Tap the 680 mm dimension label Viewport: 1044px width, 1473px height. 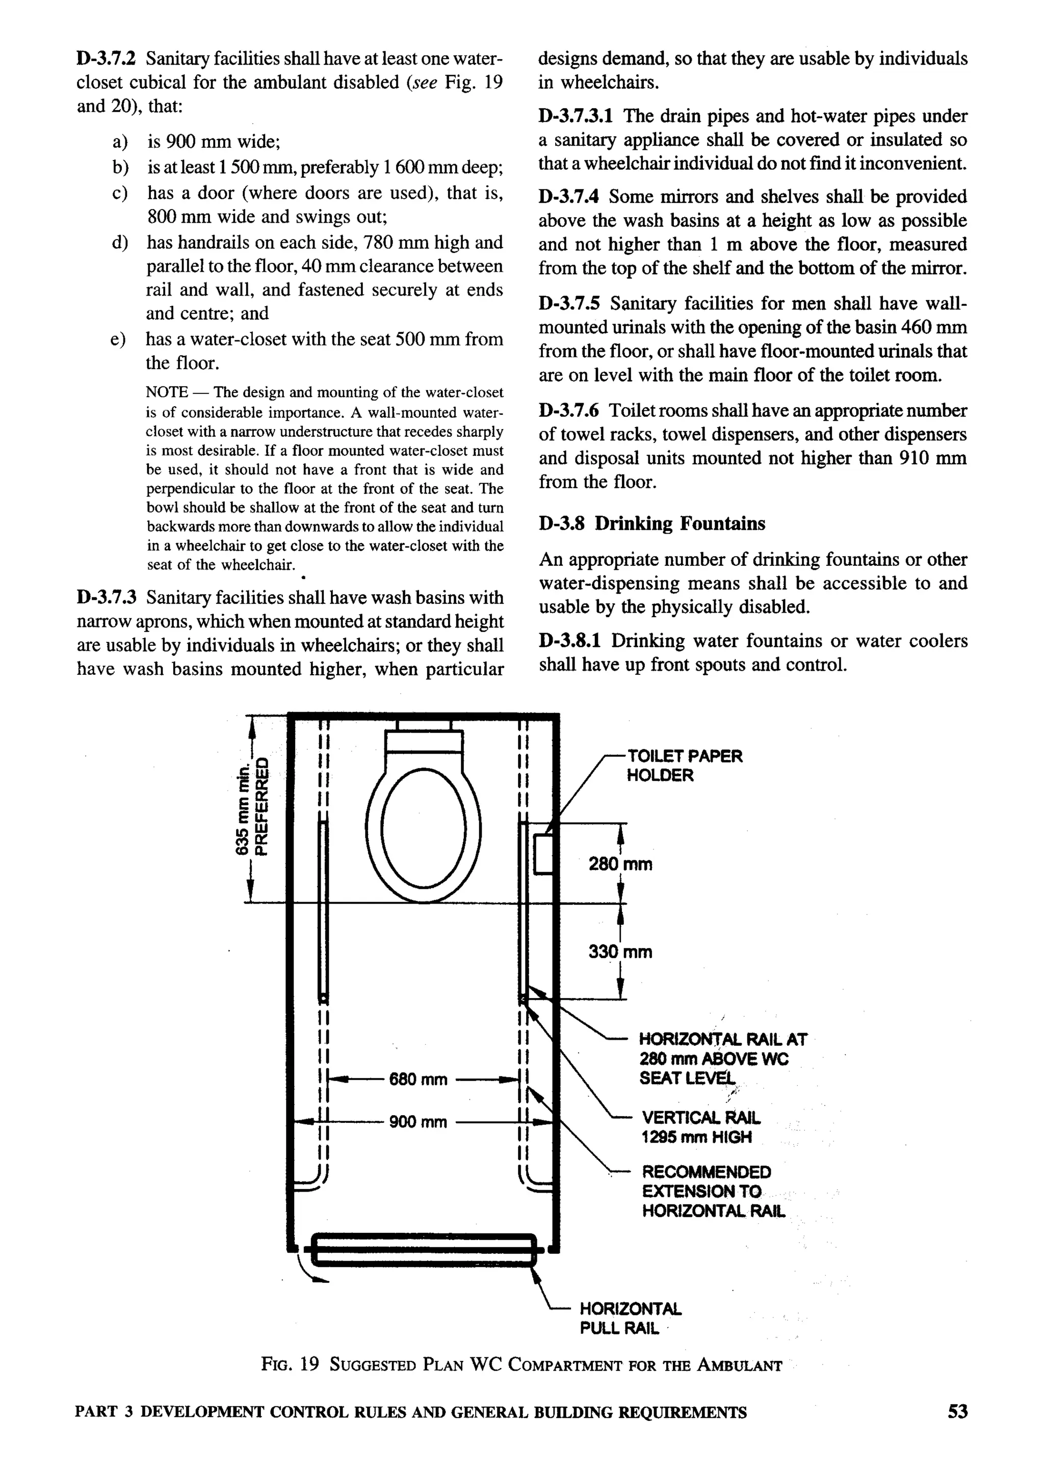click(418, 1079)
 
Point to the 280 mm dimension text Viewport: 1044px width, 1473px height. click(620, 864)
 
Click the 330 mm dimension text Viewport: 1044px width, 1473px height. click(620, 952)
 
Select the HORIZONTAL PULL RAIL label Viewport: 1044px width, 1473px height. click(630, 1318)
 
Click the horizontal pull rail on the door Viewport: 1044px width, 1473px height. click(423, 1249)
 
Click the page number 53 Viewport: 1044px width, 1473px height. click(957, 1411)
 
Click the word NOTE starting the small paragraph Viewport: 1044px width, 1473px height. click(167, 392)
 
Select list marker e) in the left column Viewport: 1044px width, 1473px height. click(118, 339)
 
